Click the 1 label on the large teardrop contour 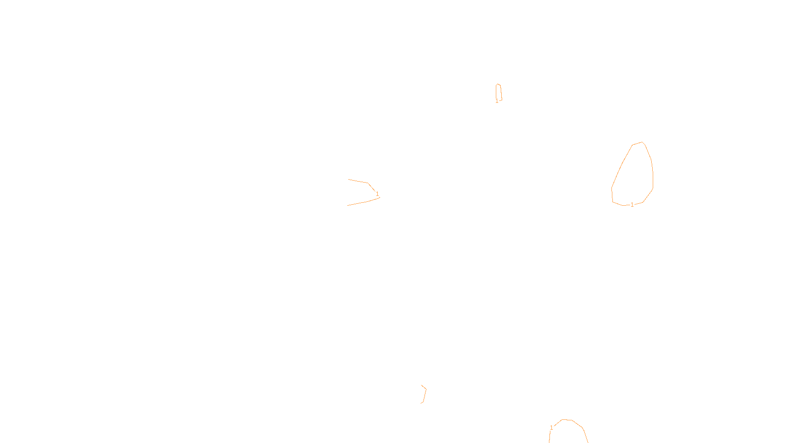632,205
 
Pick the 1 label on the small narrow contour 497,101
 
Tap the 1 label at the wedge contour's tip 377,194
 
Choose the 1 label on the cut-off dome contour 551,428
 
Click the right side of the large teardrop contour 652,172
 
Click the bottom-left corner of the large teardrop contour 612,201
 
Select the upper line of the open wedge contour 358,181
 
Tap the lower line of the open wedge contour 362,202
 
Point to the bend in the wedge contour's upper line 368,183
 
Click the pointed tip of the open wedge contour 380,197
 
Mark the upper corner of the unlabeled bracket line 426,388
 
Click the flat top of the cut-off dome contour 567,420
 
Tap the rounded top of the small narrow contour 498,84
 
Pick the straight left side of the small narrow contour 496,93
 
